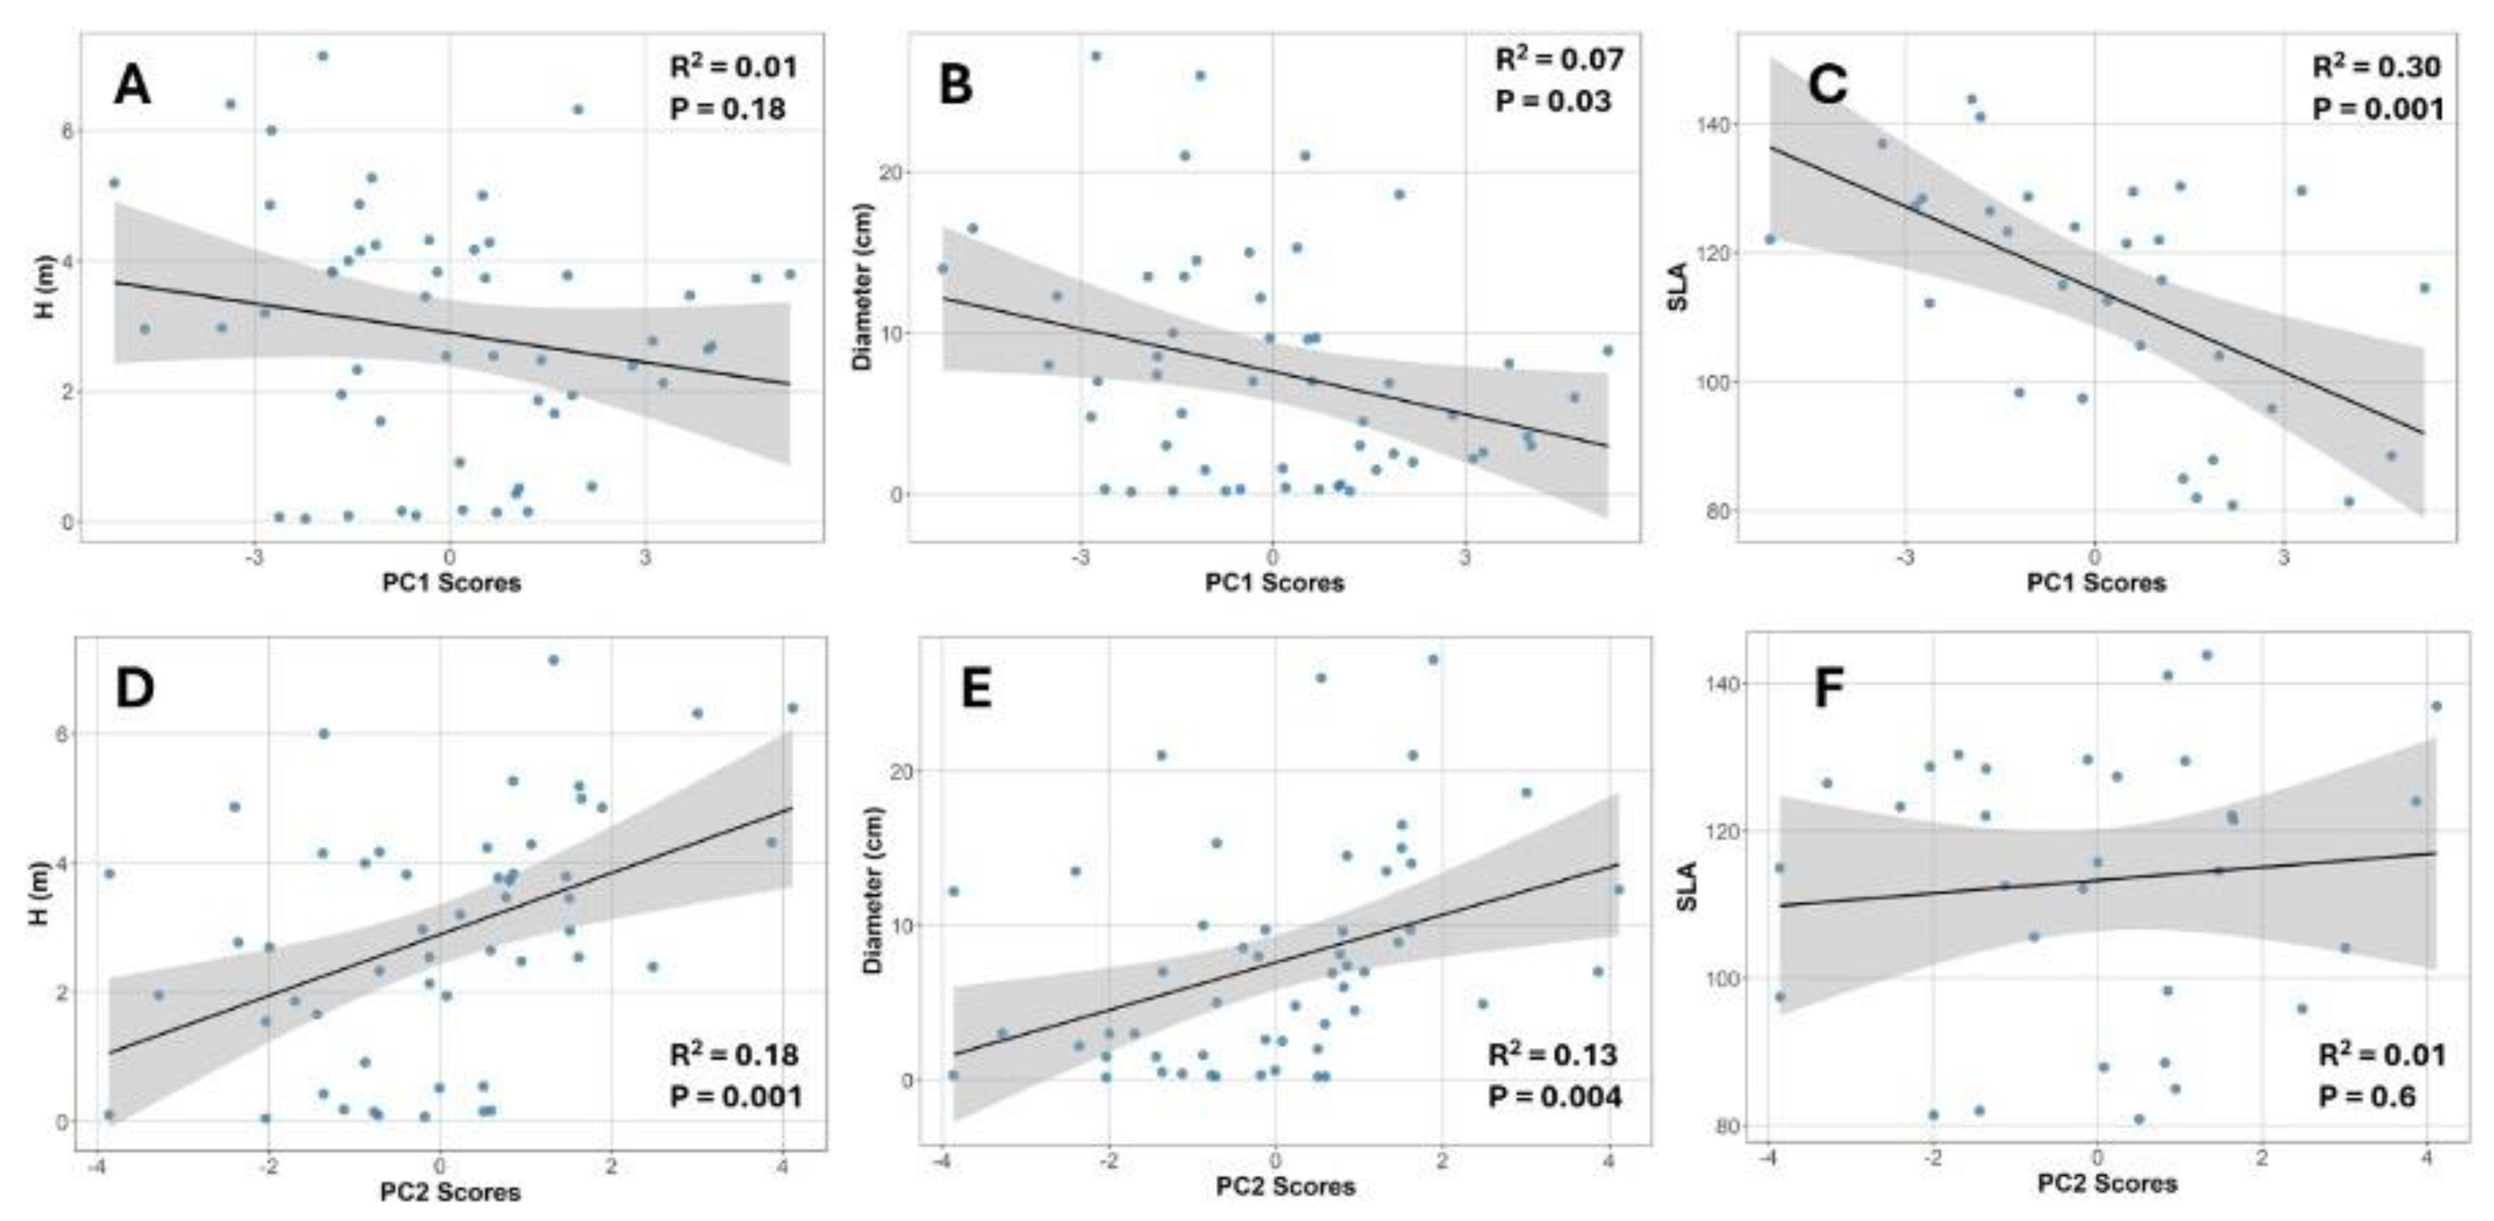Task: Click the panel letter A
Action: [132, 86]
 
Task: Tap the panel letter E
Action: [976, 688]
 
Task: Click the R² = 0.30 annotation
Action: [2377, 67]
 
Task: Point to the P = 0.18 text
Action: [727, 108]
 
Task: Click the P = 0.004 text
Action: [1554, 1096]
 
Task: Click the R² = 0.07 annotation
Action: [1559, 60]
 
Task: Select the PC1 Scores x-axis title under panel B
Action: [1274, 583]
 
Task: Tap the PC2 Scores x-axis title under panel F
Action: [2107, 1183]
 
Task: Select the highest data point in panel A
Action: [322, 56]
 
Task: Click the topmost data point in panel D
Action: [554, 660]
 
